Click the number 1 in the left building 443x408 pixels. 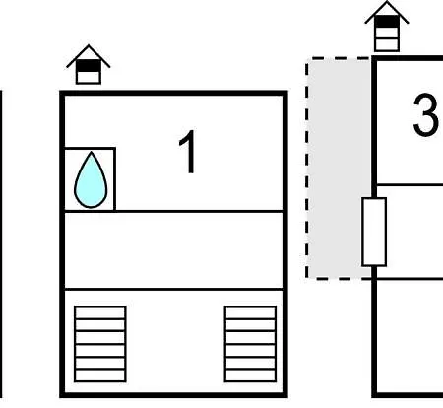coord(188,152)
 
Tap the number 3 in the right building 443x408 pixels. coord(426,114)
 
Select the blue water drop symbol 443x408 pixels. coord(91,180)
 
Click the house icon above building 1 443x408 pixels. coord(89,64)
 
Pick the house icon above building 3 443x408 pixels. coord(387,27)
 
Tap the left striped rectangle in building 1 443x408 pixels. coord(100,344)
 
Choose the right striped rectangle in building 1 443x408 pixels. coord(250,344)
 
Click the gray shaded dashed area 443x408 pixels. coord(339,168)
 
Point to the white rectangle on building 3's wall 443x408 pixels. coord(374,232)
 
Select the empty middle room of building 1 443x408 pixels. coord(173,250)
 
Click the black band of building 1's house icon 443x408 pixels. coord(89,66)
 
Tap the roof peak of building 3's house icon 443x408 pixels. coord(387,2)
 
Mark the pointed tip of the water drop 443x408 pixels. coord(91,152)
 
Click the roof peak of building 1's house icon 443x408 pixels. coord(89,45)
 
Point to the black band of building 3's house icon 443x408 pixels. coord(387,22)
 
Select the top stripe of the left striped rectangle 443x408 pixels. coord(100,312)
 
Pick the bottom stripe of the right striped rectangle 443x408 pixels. coord(250,375)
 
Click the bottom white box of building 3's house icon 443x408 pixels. coord(387,44)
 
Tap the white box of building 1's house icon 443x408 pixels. coord(89,77)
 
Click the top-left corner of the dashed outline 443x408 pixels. coord(307,58)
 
